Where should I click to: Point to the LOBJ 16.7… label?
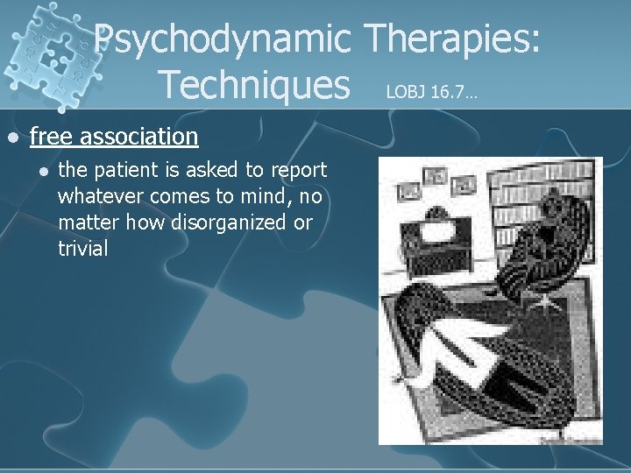pyautogui.click(x=431, y=91)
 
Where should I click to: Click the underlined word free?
pyautogui.click(x=52, y=137)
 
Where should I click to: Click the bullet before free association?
pyautogui.click(x=12, y=138)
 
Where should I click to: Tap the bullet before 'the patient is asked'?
pyautogui.click(x=41, y=171)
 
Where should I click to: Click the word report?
pyautogui.click(x=299, y=170)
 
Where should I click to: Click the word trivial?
pyautogui.click(x=83, y=249)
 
